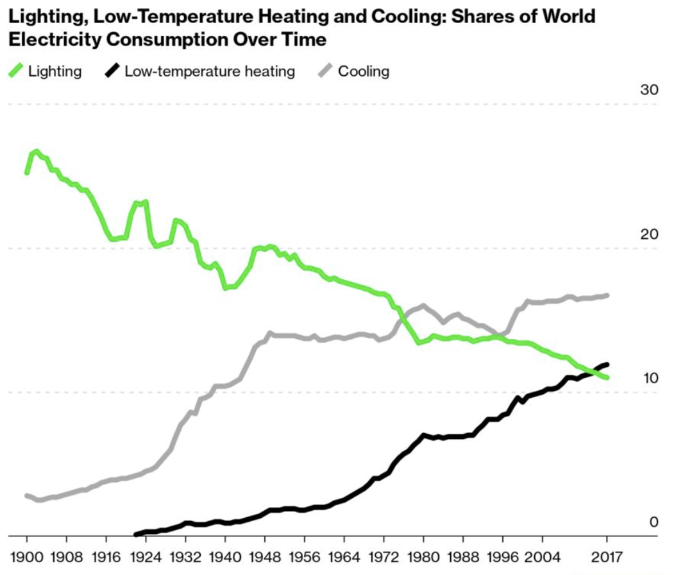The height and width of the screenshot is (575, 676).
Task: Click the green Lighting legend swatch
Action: point(16,71)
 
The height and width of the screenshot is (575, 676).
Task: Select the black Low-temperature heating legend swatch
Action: point(112,71)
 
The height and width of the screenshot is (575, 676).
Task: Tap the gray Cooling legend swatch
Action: point(326,71)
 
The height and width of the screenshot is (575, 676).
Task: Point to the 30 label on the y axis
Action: point(649,90)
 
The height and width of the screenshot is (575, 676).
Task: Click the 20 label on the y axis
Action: point(649,234)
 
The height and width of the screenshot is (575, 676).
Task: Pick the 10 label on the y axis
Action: point(649,378)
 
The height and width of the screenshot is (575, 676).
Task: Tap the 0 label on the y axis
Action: point(654,522)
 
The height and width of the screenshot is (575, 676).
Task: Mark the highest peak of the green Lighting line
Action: point(37,151)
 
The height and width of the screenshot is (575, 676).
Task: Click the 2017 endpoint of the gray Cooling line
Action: point(606,295)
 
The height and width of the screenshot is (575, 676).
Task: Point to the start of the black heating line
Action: point(135,534)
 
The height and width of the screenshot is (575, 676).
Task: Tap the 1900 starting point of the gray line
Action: point(27,495)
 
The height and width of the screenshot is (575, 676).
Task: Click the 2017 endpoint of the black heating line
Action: point(606,365)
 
